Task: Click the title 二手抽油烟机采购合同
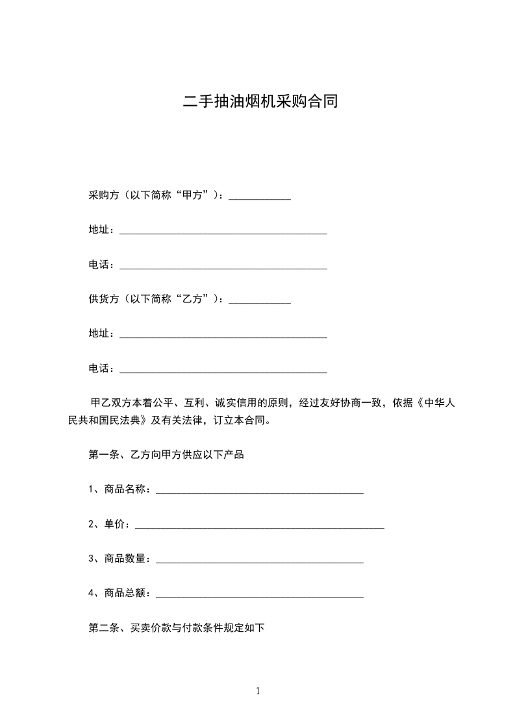pyautogui.click(x=260, y=102)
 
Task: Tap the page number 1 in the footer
pyautogui.click(x=258, y=690)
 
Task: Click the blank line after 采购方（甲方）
pyautogui.click(x=260, y=197)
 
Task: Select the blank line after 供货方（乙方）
pyautogui.click(x=260, y=300)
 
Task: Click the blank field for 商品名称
pyautogui.click(x=260, y=490)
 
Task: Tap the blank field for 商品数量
pyautogui.click(x=260, y=559)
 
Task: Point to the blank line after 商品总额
pyautogui.click(x=260, y=594)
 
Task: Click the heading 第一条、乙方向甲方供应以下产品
pyautogui.click(x=166, y=455)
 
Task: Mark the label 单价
pyautogui.click(x=112, y=524)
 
